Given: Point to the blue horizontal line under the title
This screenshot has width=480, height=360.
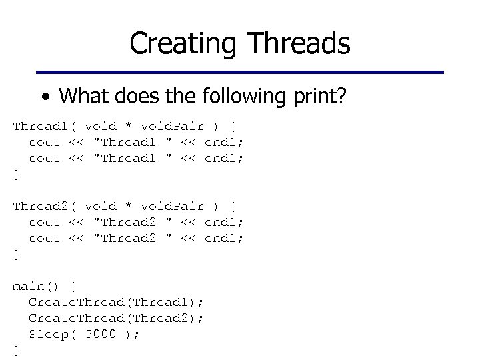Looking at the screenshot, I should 239,72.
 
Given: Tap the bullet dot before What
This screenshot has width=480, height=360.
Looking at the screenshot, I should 44,98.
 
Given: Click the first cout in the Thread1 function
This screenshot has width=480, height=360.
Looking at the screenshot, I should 45,143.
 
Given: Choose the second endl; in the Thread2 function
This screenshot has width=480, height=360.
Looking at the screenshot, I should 224,239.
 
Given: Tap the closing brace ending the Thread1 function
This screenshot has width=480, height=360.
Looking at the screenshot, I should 16,175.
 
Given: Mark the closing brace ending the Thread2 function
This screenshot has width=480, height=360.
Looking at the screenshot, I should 16,255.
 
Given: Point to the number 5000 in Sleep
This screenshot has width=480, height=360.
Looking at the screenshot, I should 101,335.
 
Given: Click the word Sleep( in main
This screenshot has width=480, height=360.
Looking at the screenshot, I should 53,335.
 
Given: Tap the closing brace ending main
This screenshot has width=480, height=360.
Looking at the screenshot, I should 16,351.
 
